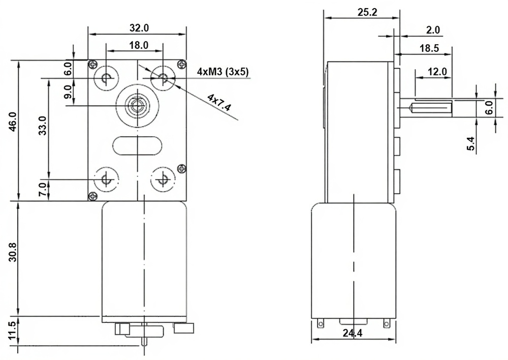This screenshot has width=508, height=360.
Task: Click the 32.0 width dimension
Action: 139,28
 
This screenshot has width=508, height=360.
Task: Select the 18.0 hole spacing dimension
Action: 139,45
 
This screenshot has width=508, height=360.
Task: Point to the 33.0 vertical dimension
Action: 43,126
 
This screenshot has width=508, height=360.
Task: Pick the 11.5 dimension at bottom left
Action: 12,331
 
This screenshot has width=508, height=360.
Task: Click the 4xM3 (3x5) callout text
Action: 223,72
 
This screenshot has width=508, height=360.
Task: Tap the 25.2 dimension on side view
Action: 367,12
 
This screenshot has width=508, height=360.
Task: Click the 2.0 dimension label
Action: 433,30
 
